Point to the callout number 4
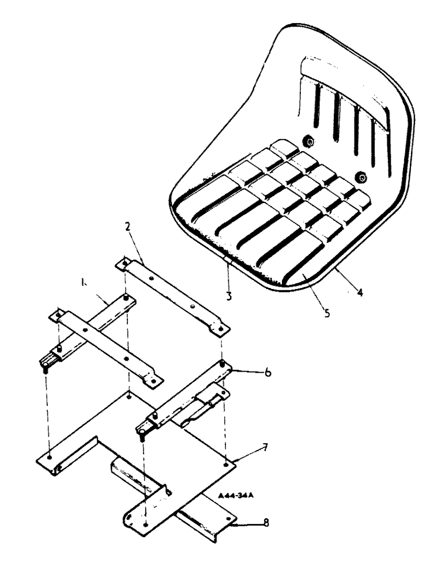click(360, 292)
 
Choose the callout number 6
click(268, 373)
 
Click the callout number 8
click(265, 523)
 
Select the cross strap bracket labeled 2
click(173, 295)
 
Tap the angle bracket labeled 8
click(202, 519)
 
